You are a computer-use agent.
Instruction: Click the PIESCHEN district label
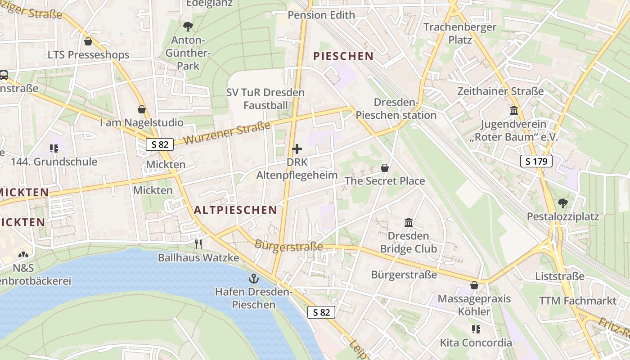pos(343,56)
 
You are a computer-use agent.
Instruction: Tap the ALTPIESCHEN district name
pos(235,210)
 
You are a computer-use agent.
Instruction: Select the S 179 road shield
pos(536,161)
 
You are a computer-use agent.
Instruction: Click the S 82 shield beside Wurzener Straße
pos(160,144)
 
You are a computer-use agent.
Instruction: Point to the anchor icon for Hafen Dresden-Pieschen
pos(254,279)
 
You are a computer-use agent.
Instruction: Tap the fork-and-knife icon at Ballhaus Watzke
pos(198,244)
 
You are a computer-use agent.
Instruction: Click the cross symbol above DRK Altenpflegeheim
pos(297,149)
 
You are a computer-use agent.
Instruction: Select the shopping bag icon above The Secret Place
pos(385,168)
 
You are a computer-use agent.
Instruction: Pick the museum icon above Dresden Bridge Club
pos(409,222)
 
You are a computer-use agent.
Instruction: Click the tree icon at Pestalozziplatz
pos(562,203)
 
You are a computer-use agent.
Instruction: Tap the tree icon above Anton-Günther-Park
pos(188,27)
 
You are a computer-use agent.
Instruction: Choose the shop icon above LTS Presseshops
pos(88,41)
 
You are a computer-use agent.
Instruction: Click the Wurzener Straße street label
pos(227,133)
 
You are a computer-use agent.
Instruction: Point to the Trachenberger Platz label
pos(460,33)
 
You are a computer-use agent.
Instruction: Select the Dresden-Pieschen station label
pos(396,109)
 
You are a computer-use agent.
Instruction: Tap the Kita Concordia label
pos(476,343)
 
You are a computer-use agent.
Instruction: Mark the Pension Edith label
pos(321,15)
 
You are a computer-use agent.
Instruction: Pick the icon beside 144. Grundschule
pos(54,148)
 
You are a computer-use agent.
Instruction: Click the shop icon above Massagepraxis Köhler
pos(474,285)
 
